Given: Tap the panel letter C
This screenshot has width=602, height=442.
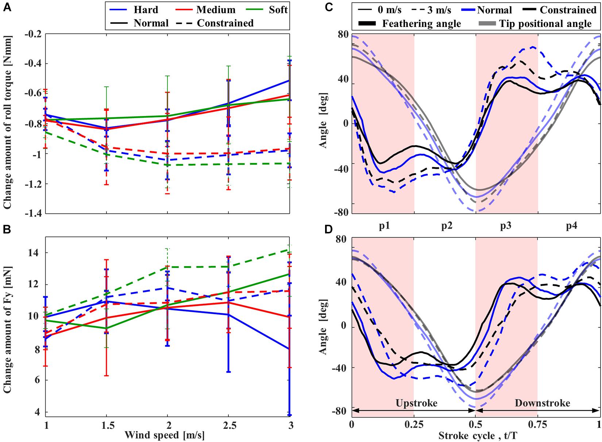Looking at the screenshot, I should tap(328, 7).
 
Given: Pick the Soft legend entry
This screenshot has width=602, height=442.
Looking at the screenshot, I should tap(278, 10).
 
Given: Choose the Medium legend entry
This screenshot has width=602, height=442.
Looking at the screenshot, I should tap(216, 10).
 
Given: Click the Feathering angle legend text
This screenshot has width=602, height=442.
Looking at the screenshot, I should tap(421, 24).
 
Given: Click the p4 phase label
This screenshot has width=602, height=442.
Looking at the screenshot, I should tap(571, 226).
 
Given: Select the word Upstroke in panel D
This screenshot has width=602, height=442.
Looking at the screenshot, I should tap(416, 403).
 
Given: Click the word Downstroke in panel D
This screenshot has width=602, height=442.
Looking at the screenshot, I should tap(542, 403).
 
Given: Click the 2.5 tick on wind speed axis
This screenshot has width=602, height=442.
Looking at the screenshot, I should tap(228, 425).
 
